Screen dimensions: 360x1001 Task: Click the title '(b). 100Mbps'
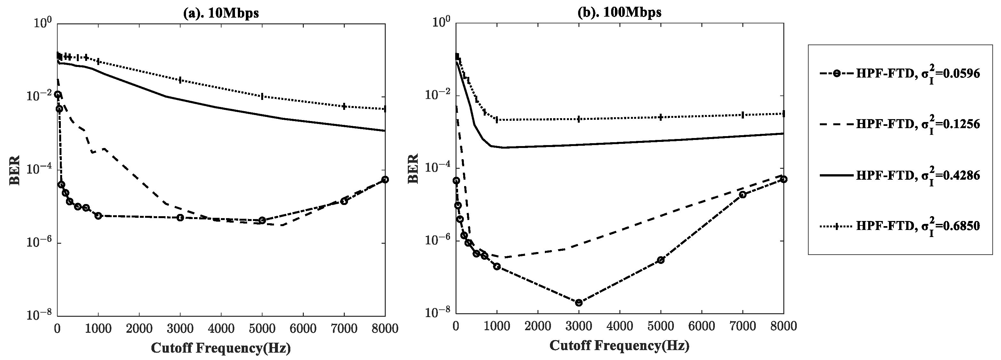point(619,12)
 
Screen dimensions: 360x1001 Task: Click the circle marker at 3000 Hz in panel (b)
point(578,302)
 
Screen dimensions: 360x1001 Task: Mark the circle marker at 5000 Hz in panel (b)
point(661,260)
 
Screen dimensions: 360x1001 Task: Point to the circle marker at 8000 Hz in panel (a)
point(385,179)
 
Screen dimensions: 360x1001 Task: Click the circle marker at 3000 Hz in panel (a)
point(180,217)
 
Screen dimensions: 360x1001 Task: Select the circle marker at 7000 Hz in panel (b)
point(743,194)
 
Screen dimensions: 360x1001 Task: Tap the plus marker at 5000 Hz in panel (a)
point(262,96)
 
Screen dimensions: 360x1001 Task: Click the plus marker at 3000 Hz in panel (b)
point(578,119)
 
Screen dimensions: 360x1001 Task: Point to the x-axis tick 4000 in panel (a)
point(221,329)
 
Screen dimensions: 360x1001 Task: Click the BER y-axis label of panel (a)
point(15,170)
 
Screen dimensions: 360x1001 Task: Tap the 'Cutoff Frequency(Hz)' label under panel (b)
point(619,345)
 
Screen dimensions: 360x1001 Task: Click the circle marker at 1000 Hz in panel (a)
point(98,215)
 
